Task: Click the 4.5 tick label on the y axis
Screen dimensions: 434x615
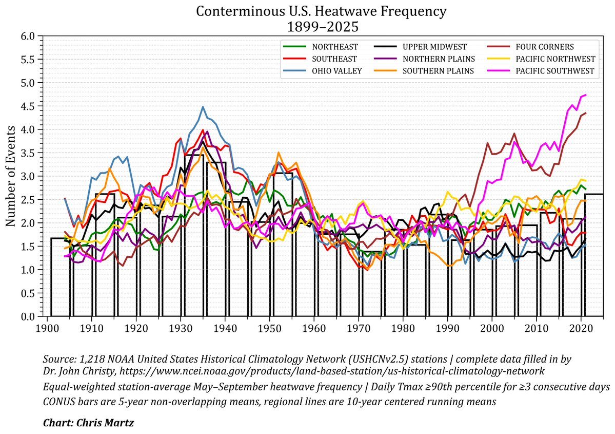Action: tap(28, 106)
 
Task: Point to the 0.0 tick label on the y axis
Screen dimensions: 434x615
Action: tap(28, 317)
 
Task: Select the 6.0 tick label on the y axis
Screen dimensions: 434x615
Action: tap(28, 36)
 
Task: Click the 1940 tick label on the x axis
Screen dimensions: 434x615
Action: tap(225, 327)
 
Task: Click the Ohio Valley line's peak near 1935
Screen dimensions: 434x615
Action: tap(203, 107)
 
